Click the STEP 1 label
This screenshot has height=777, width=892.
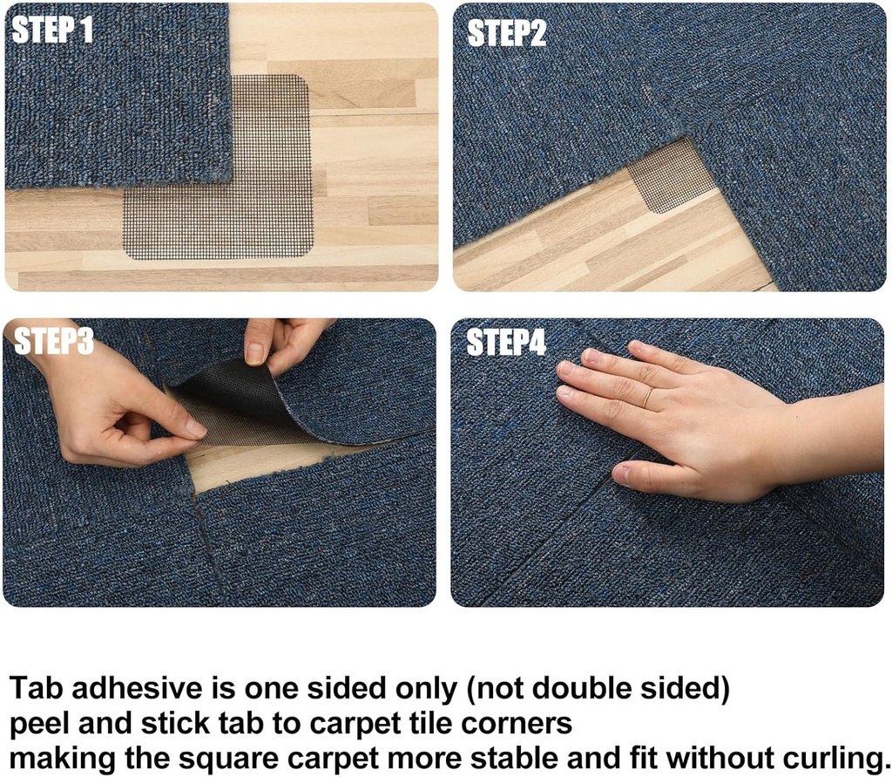[51, 30]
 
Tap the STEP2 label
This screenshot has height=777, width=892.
[506, 33]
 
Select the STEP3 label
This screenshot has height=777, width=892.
[53, 341]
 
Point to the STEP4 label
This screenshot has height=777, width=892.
[506, 342]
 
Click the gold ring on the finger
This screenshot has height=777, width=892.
[647, 397]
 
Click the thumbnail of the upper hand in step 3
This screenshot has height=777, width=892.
[253, 353]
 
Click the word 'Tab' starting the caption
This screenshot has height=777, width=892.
[37, 687]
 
